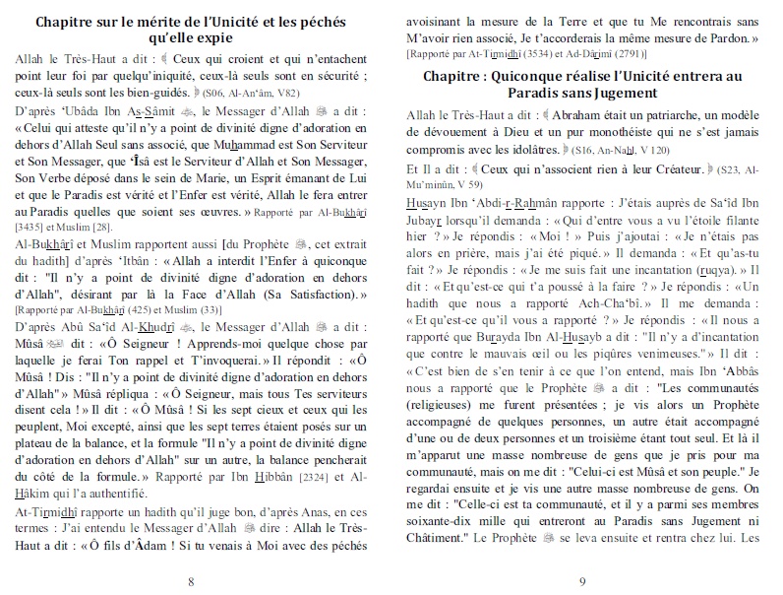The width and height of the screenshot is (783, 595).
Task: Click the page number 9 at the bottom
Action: [x=582, y=581]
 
